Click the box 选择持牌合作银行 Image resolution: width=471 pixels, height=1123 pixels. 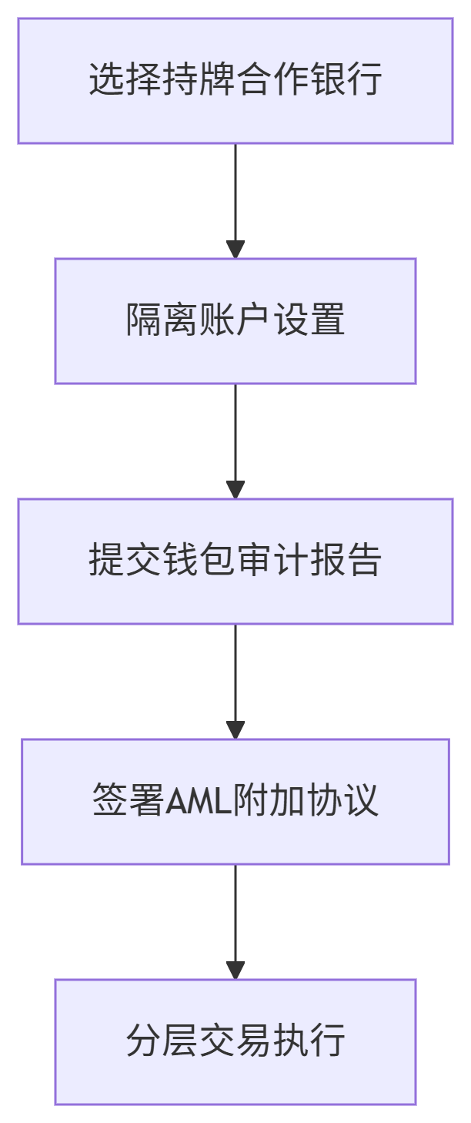pyautogui.click(x=235, y=81)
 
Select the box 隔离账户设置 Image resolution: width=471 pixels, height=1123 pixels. pyautogui.click(x=235, y=320)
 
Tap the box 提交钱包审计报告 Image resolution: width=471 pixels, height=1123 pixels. pyautogui.click(x=235, y=561)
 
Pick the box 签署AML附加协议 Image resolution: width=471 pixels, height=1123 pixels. pyautogui.click(x=235, y=801)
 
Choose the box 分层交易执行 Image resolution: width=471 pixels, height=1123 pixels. pyautogui.click(x=235, y=1041)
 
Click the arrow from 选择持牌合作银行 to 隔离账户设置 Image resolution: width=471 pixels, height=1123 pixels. pyautogui.click(x=235, y=200)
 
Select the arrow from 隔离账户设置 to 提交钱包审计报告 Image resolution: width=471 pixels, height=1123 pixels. pyautogui.click(x=235, y=441)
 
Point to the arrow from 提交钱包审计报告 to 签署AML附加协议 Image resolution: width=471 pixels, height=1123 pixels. pyautogui.click(x=235, y=681)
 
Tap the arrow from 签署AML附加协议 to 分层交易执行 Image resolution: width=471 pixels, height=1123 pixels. pyautogui.click(x=235, y=921)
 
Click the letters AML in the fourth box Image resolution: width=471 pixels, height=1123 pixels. pyautogui.click(x=193, y=801)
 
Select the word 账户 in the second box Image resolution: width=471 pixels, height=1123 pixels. pyautogui.click(x=235, y=320)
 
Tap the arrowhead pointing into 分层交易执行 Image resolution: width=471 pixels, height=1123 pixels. pyautogui.click(x=235, y=970)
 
